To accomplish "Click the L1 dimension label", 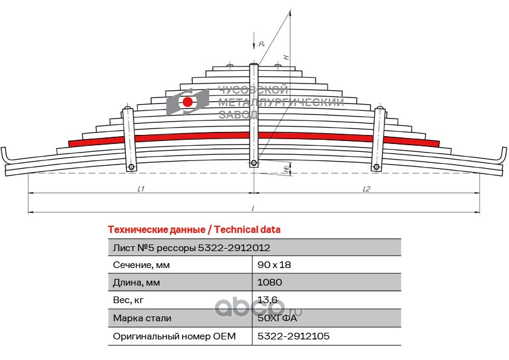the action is (140, 189).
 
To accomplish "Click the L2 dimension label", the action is (366, 189).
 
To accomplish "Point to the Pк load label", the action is (261, 44).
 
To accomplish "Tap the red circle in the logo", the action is (188, 102).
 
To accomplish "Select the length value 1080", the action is (270, 283).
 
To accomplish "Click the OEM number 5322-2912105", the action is (293, 336).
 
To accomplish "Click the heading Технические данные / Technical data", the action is (193, 230).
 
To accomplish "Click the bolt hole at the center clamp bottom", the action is (254, 163).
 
